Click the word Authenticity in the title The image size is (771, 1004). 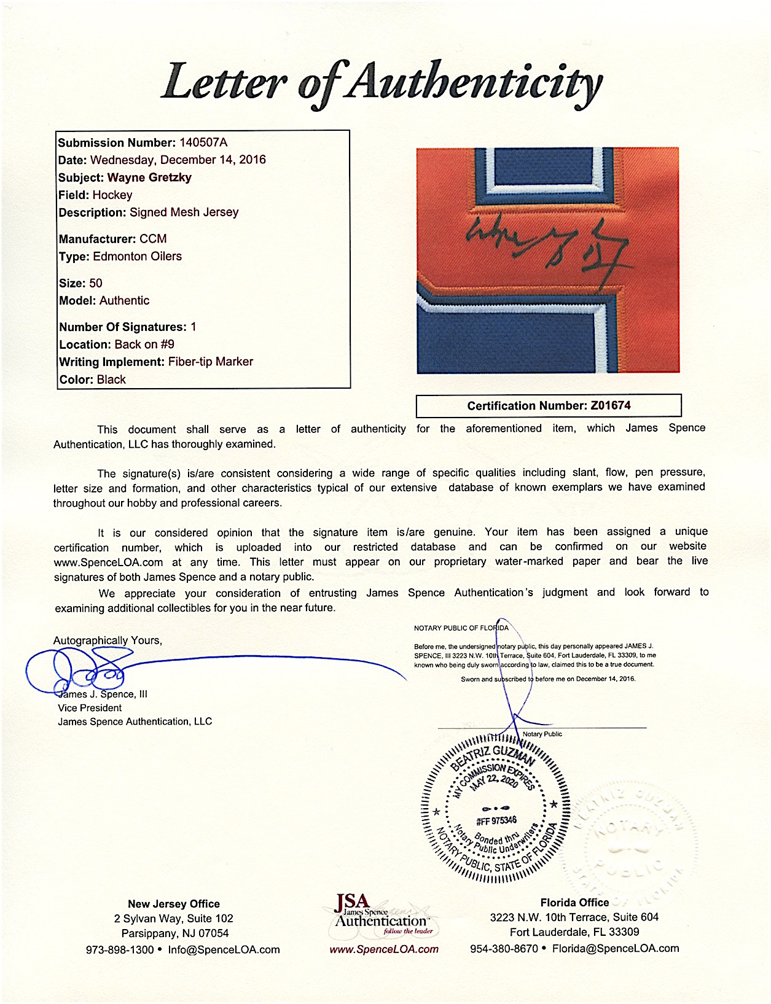point(473,83)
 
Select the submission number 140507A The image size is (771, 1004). point(203,142)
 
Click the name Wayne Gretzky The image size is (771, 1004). point(149,177)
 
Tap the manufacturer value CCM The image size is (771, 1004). point(153,239)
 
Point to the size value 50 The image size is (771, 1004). point(96,283)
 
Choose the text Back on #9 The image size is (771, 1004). point(144,344)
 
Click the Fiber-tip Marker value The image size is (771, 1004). point(211,362)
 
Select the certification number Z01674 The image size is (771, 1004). point(611,405)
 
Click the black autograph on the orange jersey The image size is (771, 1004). point(547,249)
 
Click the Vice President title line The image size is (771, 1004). point(90,708)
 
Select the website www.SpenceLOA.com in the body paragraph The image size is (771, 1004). point(109,562)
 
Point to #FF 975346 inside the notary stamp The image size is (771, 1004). point(496,821)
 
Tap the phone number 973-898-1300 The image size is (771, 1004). point(119,950)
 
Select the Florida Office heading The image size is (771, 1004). point(574,902)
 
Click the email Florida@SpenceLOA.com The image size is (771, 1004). point(616,949)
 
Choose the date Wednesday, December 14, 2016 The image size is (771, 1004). point(178,160)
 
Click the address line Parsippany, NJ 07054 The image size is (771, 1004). point(174,933)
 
